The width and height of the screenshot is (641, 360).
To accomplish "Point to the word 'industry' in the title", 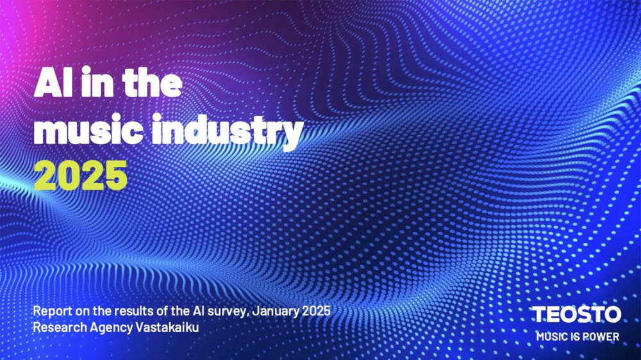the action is [228, 131].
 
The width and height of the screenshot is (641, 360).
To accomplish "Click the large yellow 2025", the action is [81, 176].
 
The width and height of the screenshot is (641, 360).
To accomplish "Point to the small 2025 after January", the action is [316, 311].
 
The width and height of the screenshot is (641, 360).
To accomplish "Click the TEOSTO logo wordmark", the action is [576, 315].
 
